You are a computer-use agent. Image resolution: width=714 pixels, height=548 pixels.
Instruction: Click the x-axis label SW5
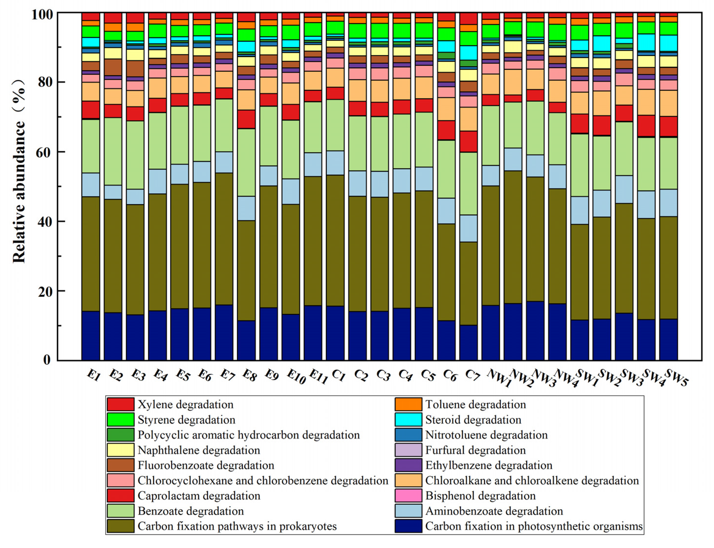point(676,378)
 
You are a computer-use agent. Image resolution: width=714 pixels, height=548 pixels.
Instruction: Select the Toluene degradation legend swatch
point(408,405)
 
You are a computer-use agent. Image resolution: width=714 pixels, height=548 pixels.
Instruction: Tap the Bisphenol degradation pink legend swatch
point(408,496)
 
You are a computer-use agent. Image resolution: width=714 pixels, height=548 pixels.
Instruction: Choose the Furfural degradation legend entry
point(475,450)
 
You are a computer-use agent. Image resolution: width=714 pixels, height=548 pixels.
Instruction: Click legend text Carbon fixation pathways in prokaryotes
point(237,526)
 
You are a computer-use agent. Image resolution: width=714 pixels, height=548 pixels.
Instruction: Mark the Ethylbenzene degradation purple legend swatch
point(408,465)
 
